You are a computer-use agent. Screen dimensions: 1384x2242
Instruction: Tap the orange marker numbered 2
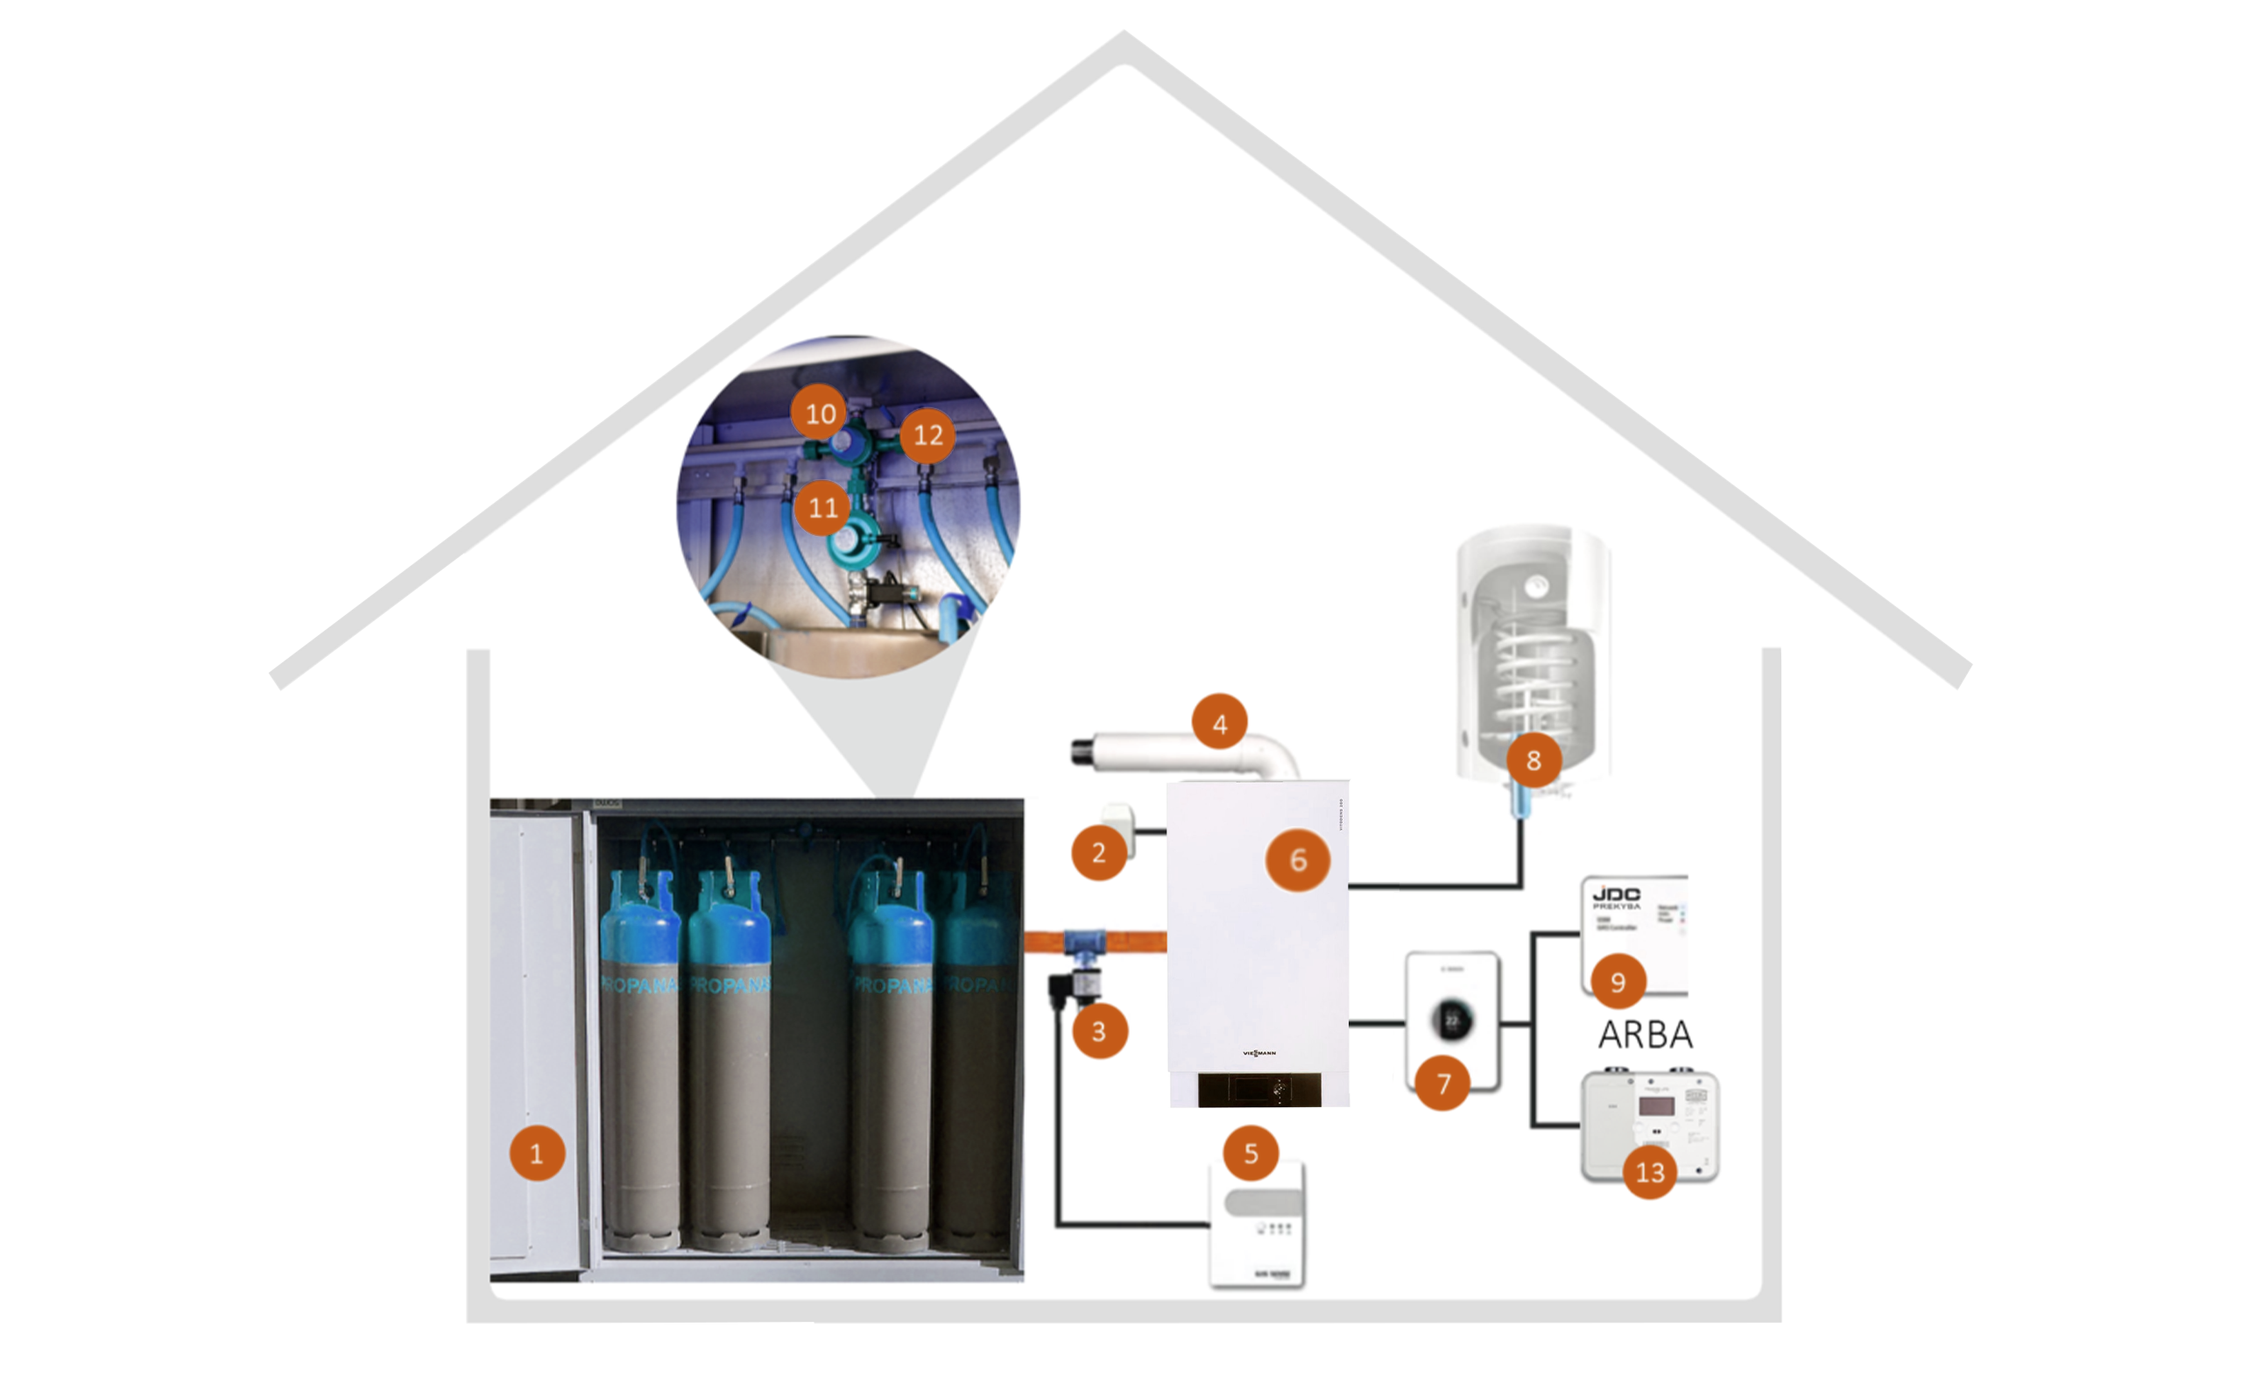1098,852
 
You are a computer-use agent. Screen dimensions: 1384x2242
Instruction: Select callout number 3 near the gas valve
1099,1031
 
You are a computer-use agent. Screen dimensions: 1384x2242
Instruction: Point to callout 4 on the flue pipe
1219,724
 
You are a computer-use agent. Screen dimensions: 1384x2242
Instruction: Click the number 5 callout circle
1250,1153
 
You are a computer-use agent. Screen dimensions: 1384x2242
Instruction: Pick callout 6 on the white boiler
1298,859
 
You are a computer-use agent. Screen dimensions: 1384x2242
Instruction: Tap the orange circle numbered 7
1442,1083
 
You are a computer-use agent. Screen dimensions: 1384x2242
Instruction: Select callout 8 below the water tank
1533,759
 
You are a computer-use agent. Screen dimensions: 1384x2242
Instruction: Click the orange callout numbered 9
1617,981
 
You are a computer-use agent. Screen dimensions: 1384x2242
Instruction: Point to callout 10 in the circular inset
819,413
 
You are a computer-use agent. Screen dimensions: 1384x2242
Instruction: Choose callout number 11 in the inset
822,506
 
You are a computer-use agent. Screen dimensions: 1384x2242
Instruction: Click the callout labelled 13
1649,1171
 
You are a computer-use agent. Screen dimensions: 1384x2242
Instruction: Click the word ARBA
1645,1034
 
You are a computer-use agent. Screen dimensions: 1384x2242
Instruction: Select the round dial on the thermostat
1452,1020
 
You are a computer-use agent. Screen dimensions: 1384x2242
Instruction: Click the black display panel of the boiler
1258,1090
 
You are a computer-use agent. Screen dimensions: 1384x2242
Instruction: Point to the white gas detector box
1258,1225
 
